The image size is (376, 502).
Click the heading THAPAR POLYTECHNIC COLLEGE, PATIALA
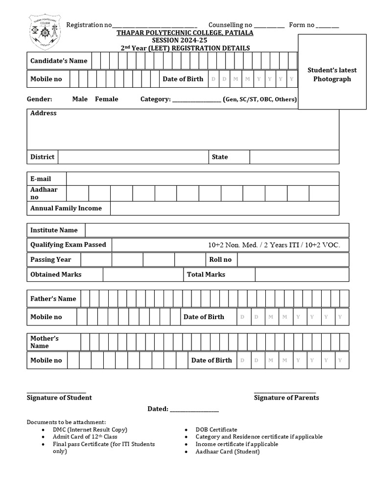pyautogui.click(x=185, y=33)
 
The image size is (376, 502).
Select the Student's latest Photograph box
pyautogui.click(x=332, y=72)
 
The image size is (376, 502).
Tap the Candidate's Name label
pyautogui.click(x=59, y=61)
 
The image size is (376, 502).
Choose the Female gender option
pyautogui.click(x=106, y=99)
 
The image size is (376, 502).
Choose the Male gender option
pyautogui.click(x=80, y=99)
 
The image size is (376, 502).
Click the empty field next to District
pyautogui.click(x=133, y=157)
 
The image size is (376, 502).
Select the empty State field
pyautogui.click(x=294, y=157)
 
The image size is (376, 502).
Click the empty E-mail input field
pyautogui.click(x=202, y=179)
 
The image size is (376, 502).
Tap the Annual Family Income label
pyautogui.click(x=66, y=208)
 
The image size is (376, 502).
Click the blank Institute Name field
pyautogui.click(x=217, y=230)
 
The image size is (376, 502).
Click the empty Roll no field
pyautogui.click(x=293, y=259)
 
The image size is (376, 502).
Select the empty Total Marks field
pyautogui.click(x=302, y=275)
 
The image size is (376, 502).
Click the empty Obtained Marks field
pyautogui.click(x=143, y=275)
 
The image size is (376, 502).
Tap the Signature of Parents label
pyautogui.click(x=286, y=398)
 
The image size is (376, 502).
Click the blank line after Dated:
pyautogui.click(x=194, y=409)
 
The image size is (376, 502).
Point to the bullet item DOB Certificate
pyautogui.click(x=216, y=429)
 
